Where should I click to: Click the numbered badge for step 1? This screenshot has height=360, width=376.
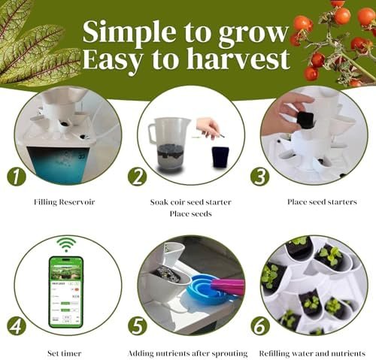pos(17,177)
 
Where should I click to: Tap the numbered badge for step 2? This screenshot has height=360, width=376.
pos(137,177)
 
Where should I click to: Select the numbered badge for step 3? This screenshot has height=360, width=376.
pos(260,176)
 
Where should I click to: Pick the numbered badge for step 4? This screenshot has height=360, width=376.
pos(17,326)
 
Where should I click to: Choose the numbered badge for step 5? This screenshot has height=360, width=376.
pos(137,326)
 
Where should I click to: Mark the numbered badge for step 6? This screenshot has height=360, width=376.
pos(260,325)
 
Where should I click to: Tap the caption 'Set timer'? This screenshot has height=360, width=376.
pos(65,353)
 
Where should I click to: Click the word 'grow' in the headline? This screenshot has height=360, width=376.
pos(253,34)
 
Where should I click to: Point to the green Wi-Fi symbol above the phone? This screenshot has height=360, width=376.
pos(66,244)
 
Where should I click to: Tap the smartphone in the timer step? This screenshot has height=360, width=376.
pos(65,292)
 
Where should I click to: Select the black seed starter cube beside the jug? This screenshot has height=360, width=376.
pos(220,157)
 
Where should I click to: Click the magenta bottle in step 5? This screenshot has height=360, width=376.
pos(227,287)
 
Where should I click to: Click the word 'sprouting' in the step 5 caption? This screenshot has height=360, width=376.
pos(229,354)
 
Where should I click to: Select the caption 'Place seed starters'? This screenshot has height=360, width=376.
pos(322,202)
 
